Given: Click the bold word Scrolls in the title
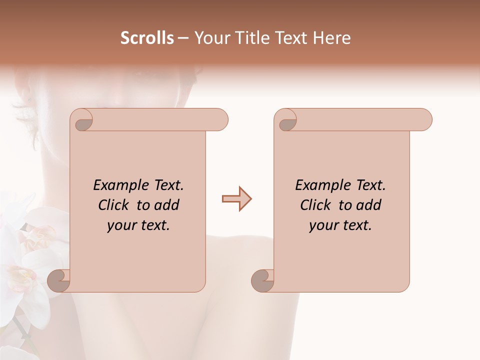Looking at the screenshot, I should [x=147, y=38].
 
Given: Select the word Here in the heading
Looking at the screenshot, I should [x=332, y=38].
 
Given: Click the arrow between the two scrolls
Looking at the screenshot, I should [x=236, y=199].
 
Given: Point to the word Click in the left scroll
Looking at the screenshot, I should [x=115, y=205].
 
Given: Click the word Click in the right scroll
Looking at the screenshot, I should [x=317, y=205].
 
